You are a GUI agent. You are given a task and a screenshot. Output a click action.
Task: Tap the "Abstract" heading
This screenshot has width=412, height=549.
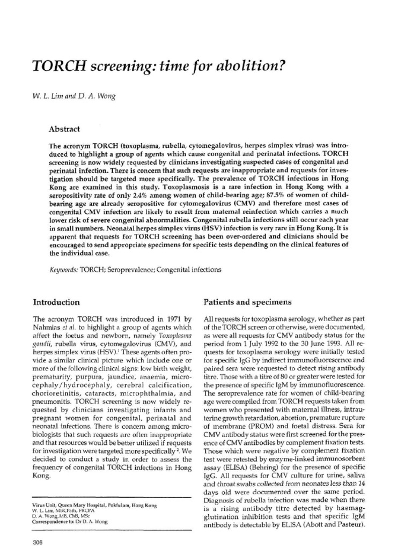(64, 129)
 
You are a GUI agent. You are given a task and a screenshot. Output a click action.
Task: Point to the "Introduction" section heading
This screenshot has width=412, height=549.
(56, 302)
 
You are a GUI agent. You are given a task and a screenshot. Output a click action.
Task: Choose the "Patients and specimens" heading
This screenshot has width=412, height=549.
(247, 302)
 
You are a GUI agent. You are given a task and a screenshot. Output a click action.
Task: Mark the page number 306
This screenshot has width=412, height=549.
(38, 541)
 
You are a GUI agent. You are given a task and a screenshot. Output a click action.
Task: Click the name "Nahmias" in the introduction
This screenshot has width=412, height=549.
(48, 328)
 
